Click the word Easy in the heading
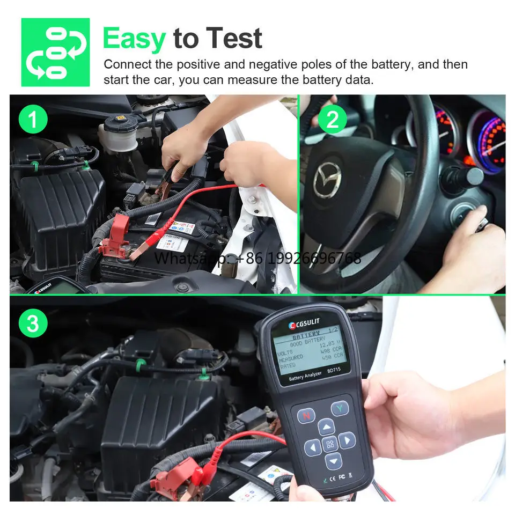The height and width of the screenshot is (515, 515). pyautogui.click(x=134, y=39)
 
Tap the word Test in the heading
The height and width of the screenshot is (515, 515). pyautogui.click(x=234, y=39)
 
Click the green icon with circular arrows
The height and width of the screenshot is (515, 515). pyautogui.click(x=55, y=53)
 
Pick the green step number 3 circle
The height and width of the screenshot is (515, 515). pyautogui.click(x=33, y=324)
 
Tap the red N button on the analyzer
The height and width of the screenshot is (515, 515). pyautogui.click(x=306, y=415)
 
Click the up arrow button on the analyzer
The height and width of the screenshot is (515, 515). pyautogui.click(x=326, y=427)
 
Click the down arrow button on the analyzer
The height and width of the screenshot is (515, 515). pyautogui.click(x=333, y=460)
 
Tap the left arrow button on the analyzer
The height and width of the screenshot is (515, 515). pyautogui.click(x=313, y=446)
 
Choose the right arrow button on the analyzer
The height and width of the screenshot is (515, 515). pyautogui.click(x=347, y=441)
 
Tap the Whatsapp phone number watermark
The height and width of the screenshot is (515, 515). pyautogui.click(x=257, y=259)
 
